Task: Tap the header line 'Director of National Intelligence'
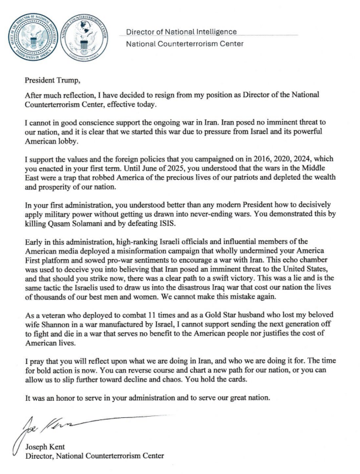[x=182, y=32]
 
